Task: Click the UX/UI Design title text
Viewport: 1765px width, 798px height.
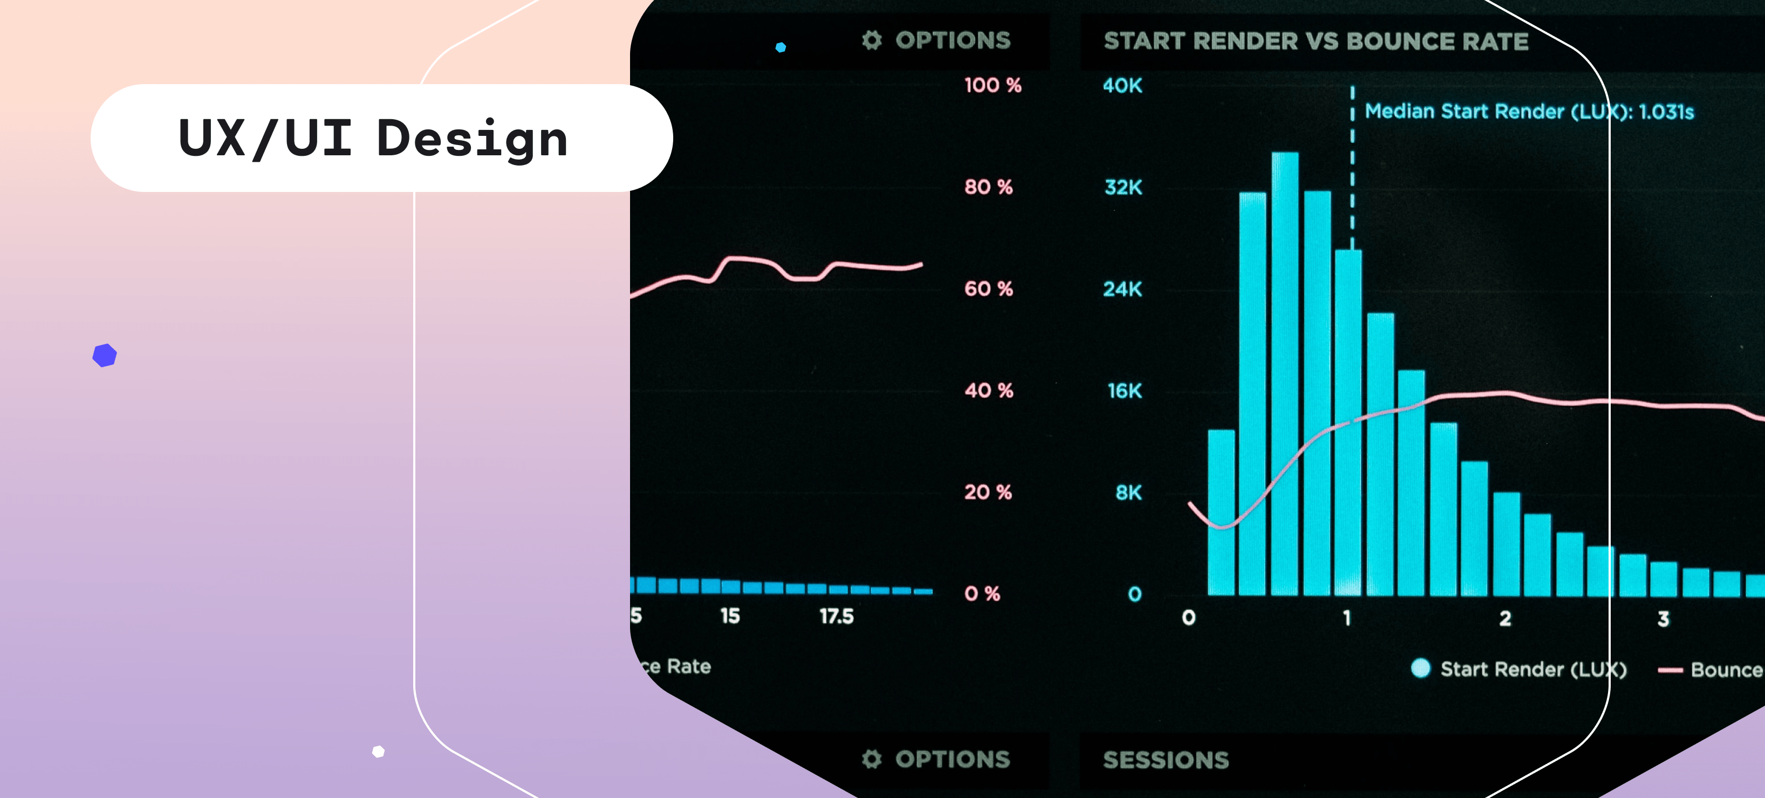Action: (x=373, y=139)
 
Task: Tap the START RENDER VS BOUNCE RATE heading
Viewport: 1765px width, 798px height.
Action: (x=1316, y=42)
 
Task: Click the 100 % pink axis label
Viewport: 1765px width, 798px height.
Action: (x=992, y=86)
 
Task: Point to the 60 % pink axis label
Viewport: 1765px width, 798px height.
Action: (x=988, y=289)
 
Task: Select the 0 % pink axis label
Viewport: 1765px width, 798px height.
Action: (x=982, y=594)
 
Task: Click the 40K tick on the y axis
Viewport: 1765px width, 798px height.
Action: (x=1123, y=86)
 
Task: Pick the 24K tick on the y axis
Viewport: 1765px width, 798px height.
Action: (x=1123, y=290)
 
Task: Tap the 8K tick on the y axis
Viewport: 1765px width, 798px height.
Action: (x=1128, y=492)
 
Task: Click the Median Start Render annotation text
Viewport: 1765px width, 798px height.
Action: (x=1529, y=112)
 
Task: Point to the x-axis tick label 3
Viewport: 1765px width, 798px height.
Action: (x=1663, y=619)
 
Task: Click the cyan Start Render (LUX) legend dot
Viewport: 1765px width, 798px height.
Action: (x=1420, y=669)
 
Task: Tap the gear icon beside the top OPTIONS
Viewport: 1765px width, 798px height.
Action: (x=872, y=40)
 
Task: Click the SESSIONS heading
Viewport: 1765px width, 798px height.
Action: (x=1166, y=760)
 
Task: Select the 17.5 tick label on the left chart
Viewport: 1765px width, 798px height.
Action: (x=837, y=616)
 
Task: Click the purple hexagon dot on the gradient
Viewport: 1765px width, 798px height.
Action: (x=105, y=355)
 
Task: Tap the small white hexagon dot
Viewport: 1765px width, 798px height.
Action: (x=378, y=752)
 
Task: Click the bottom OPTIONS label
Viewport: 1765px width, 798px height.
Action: (x=953, y=759)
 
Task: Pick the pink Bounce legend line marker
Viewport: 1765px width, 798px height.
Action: (x=1670, y=671)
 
